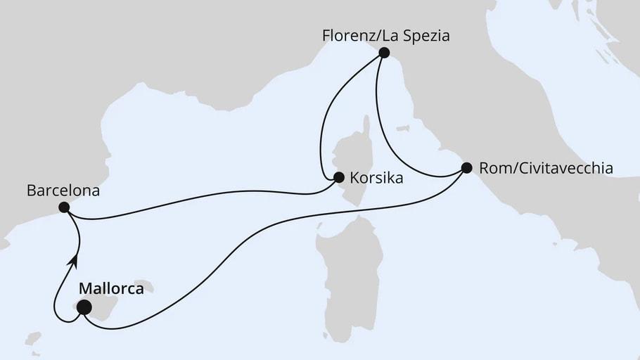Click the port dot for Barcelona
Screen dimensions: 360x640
64,207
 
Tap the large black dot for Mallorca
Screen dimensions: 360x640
84,307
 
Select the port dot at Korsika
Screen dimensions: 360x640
338,178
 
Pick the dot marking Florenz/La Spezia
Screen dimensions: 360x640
383,52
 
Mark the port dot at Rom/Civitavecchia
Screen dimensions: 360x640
466,168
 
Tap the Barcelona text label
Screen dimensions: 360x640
63,190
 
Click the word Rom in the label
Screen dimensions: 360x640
491,169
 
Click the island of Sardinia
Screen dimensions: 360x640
348,260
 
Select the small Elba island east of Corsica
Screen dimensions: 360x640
403,129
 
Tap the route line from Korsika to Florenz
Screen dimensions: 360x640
331,105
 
